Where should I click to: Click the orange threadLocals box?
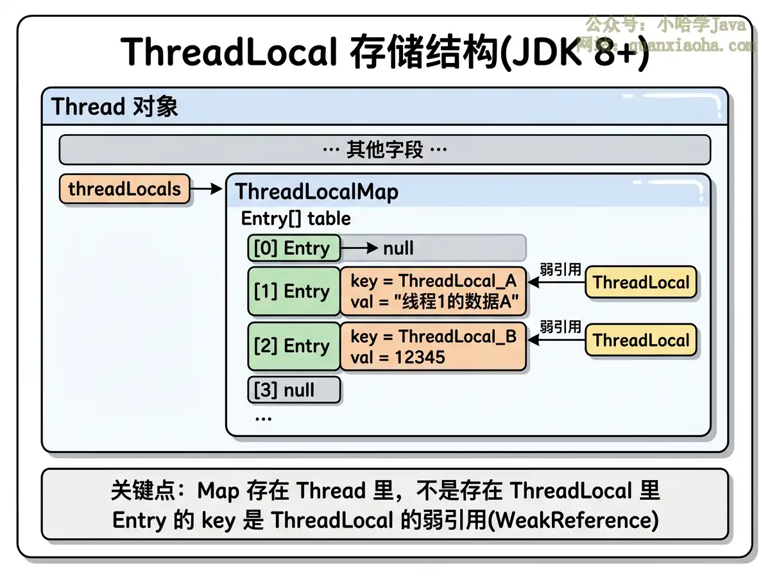[x=124, y=189]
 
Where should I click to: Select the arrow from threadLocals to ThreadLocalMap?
[x=206, y=189]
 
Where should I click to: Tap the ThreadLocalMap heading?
[x=316, y=192]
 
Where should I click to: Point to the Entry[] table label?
[x=296, y=219]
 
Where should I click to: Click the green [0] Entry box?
[x=293, y=248]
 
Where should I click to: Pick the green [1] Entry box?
[x=293, y=291]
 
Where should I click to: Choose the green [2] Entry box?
[x=293, y=347]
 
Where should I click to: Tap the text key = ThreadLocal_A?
[x=433, y=281]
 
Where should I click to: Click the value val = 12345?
[x=398, y=357]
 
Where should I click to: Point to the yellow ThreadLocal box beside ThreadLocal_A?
[x=640, y=283]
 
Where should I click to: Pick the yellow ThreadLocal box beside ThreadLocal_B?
[x=640, y=340]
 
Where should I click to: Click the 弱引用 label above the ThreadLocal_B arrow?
[x=560, y=327]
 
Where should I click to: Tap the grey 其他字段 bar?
[x=384, y=150]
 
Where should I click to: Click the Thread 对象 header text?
[x=114, y=107]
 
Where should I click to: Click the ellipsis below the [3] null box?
[x=263, y=418]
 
